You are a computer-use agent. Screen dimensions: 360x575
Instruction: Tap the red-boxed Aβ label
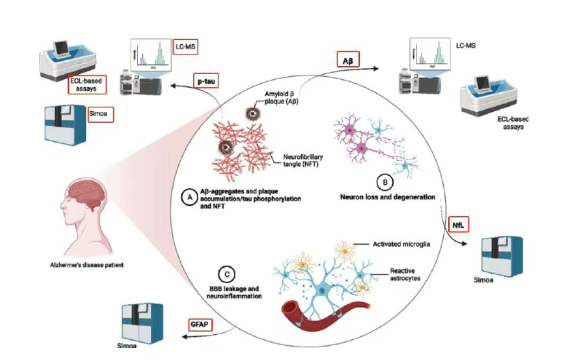click(347, 60)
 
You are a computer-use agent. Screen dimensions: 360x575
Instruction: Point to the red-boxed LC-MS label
click(185, 46)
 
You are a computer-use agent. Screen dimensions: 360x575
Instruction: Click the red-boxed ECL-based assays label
click(87, 85)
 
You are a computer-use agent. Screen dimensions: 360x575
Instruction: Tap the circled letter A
click(189, 197)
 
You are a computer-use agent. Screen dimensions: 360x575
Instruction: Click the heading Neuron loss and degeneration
click(384, 197)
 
